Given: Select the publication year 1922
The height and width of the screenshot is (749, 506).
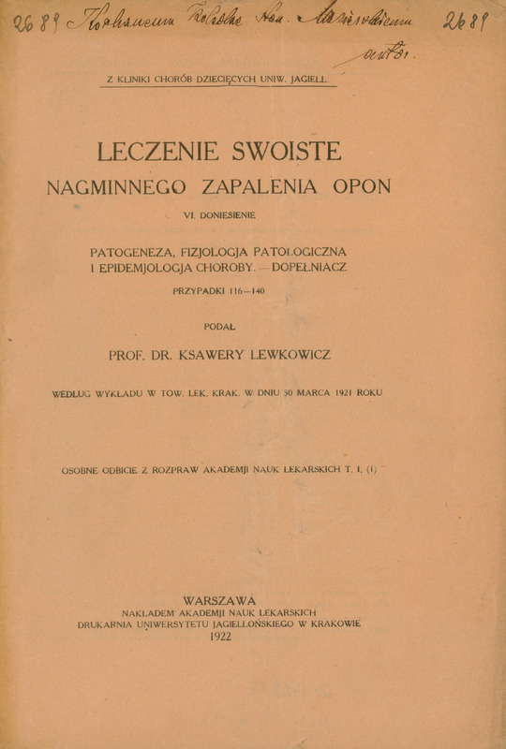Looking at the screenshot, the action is (x=221, y=635).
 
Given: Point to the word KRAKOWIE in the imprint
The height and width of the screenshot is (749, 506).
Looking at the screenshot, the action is (x=332, y=623).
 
